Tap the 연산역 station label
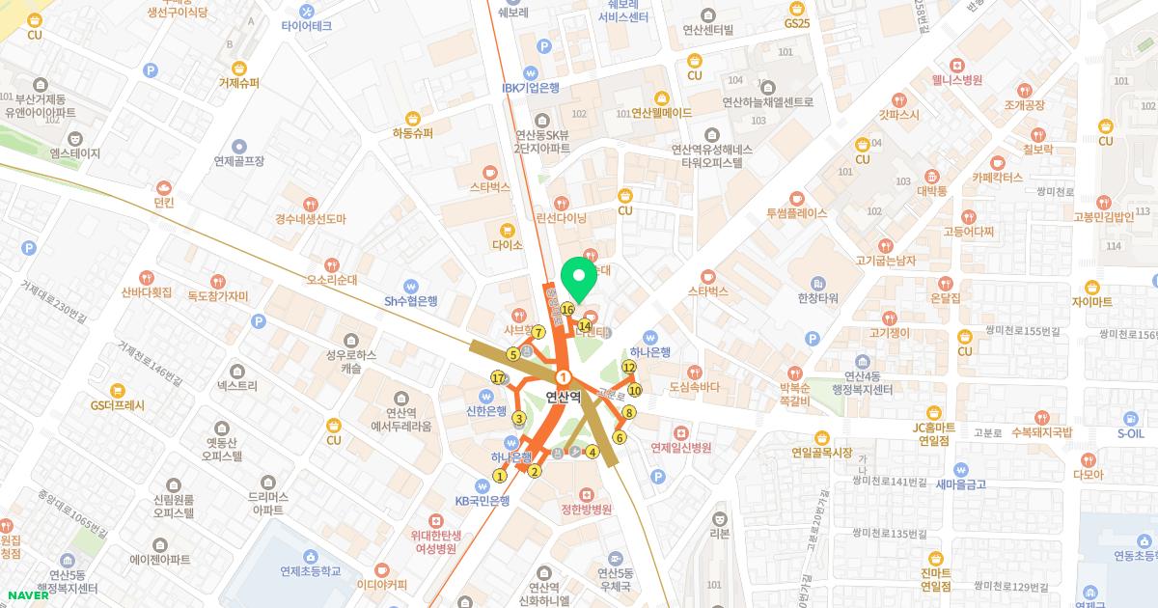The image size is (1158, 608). tap(563, 395)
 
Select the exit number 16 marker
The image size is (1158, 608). tap(567, 310)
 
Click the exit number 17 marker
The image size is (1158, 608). tap(498, 377)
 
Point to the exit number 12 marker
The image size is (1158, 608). tap(629, 367)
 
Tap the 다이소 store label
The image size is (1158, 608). tap(506, 245)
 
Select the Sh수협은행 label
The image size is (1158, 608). tap(411, 300)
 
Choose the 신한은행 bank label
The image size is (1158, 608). tap(485, 410)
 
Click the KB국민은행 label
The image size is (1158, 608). tap(482, 501)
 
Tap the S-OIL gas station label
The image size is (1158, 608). tap(1130, 433)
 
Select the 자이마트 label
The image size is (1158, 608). tap(1091, 301)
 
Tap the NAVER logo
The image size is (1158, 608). tap(25, 594)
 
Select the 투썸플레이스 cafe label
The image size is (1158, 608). tap(796, 213)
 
